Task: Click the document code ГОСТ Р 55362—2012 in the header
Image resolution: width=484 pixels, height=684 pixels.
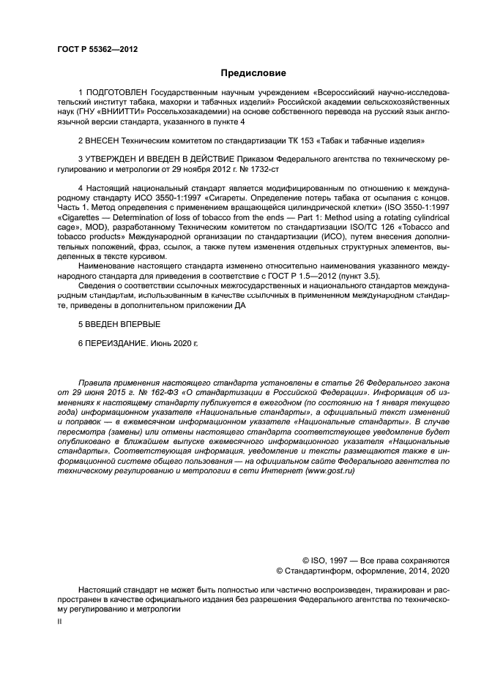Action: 97,50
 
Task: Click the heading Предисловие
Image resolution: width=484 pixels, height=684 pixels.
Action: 253,73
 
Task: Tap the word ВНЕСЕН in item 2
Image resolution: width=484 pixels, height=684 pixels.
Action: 105,139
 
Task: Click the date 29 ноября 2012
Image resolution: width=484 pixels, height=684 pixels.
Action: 205,167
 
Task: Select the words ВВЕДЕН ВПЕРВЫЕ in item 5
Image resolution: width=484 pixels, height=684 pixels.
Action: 123,323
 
